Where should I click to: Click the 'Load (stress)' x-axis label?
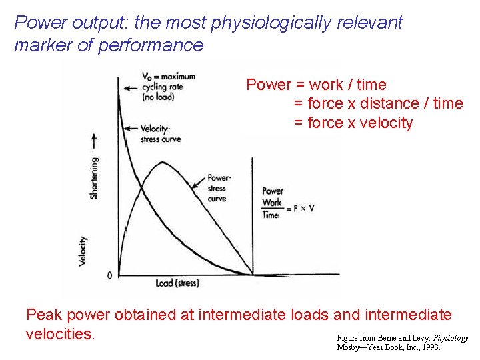[177, 283]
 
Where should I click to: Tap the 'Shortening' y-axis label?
[94, 177]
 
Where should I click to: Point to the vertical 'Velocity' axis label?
[83, 251]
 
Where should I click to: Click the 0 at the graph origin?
[110, 275]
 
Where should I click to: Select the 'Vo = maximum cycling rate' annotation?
[167, 86]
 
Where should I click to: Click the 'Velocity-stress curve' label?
[161, 134]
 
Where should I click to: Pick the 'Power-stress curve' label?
[219, 188]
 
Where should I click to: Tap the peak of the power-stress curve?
[161, 162]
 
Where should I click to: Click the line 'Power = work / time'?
[316, 85]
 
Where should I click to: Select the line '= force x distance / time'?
[378, 103]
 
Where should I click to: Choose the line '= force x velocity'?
[353, 123]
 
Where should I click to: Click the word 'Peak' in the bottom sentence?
[45, 314]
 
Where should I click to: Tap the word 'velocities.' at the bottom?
[61, 333]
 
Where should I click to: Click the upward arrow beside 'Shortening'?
[94, 141]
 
